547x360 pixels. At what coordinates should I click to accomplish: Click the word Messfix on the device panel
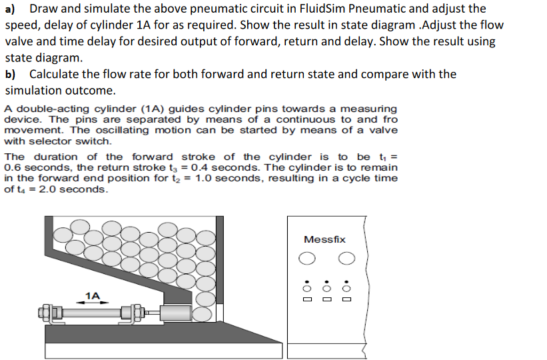324,239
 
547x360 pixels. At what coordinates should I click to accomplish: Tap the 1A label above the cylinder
93,295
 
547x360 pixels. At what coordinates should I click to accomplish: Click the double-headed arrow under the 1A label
93,302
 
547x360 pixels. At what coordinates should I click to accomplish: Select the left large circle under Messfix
306,259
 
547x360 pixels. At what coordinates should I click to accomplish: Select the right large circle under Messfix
346,259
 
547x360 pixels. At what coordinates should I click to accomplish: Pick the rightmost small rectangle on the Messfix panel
346,299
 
